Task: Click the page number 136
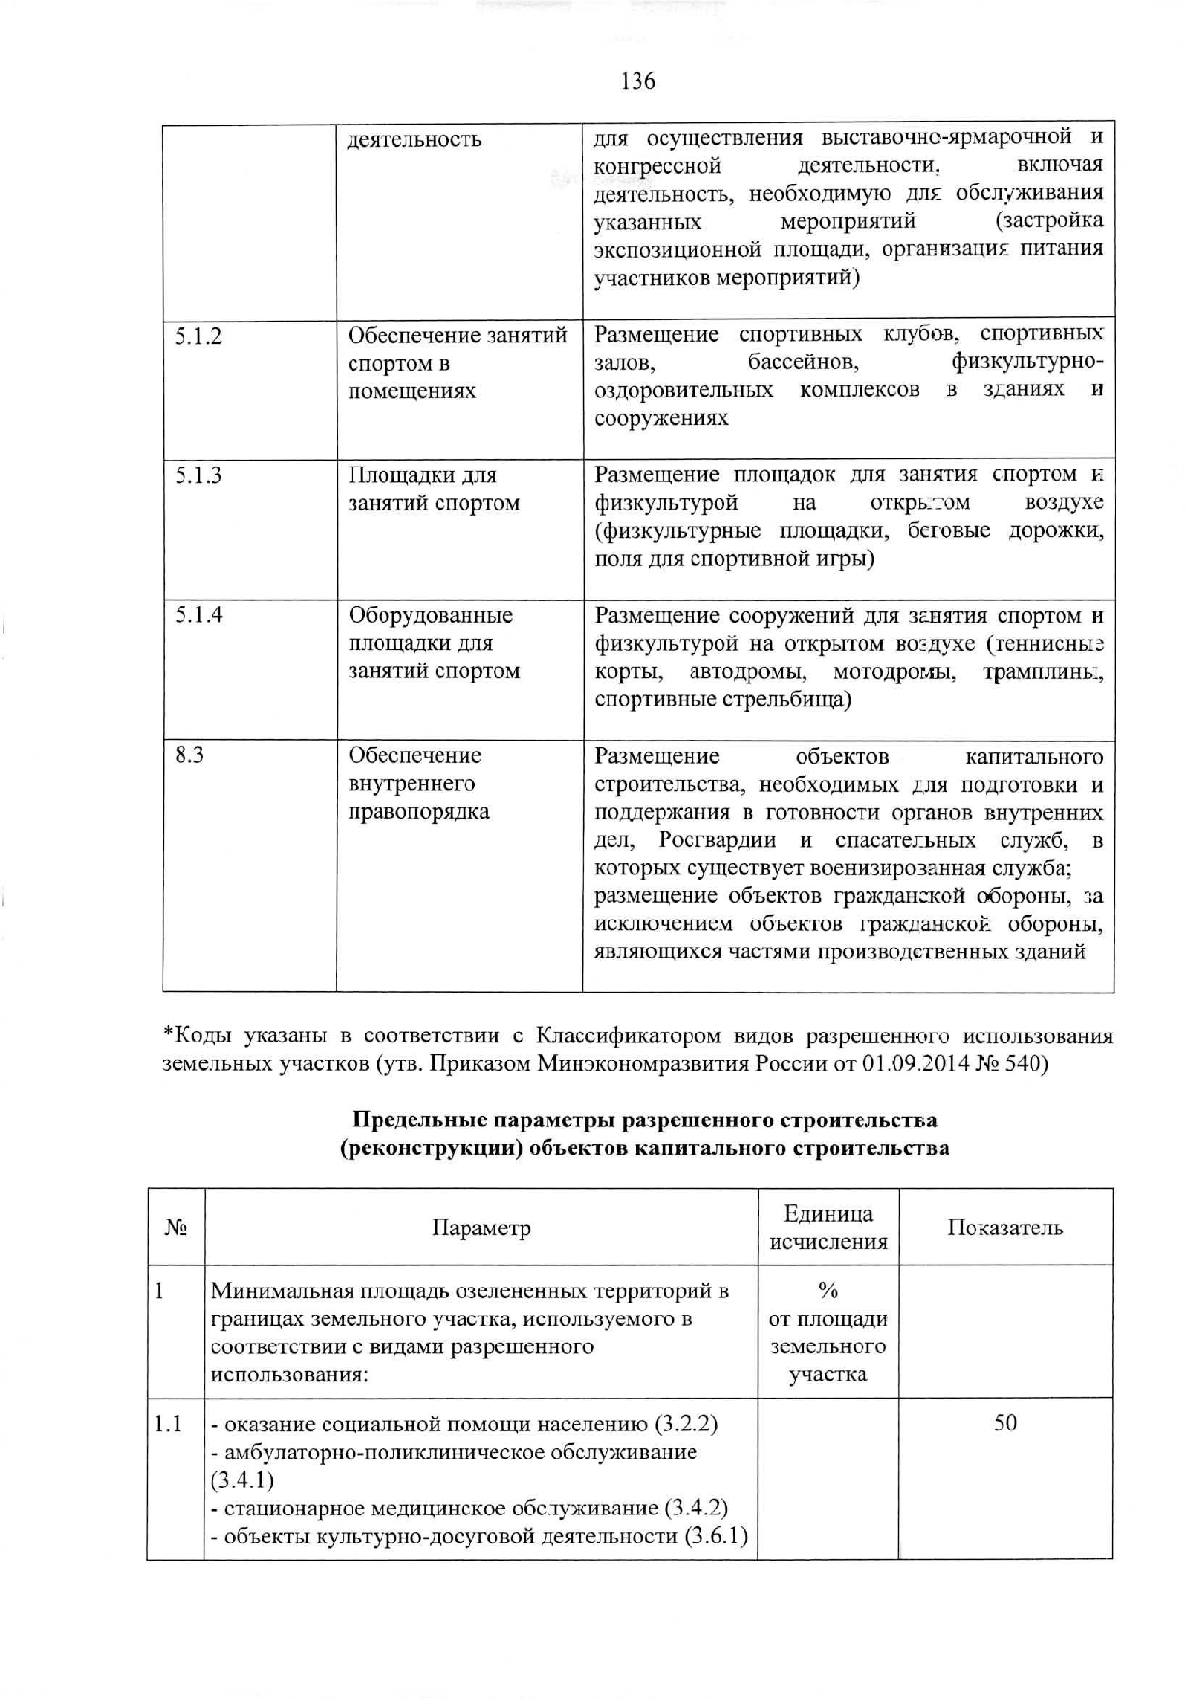tap(638, 81)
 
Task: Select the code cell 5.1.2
tap(198, 336)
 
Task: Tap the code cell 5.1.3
tap(198, 475)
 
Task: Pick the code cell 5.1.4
tap(198, 615)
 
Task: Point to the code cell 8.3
tap(189, 755)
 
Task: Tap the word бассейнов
tap(803, 363)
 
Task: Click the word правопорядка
tap(418, 811)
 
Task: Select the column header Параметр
tap(481, 1229)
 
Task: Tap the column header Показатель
tap(1005, 1229)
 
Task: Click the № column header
tap(176, 1229)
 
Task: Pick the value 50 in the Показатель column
tap(1005, 1424)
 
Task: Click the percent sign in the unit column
tap(828, 1291)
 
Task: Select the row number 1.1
tap(168, 1424)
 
